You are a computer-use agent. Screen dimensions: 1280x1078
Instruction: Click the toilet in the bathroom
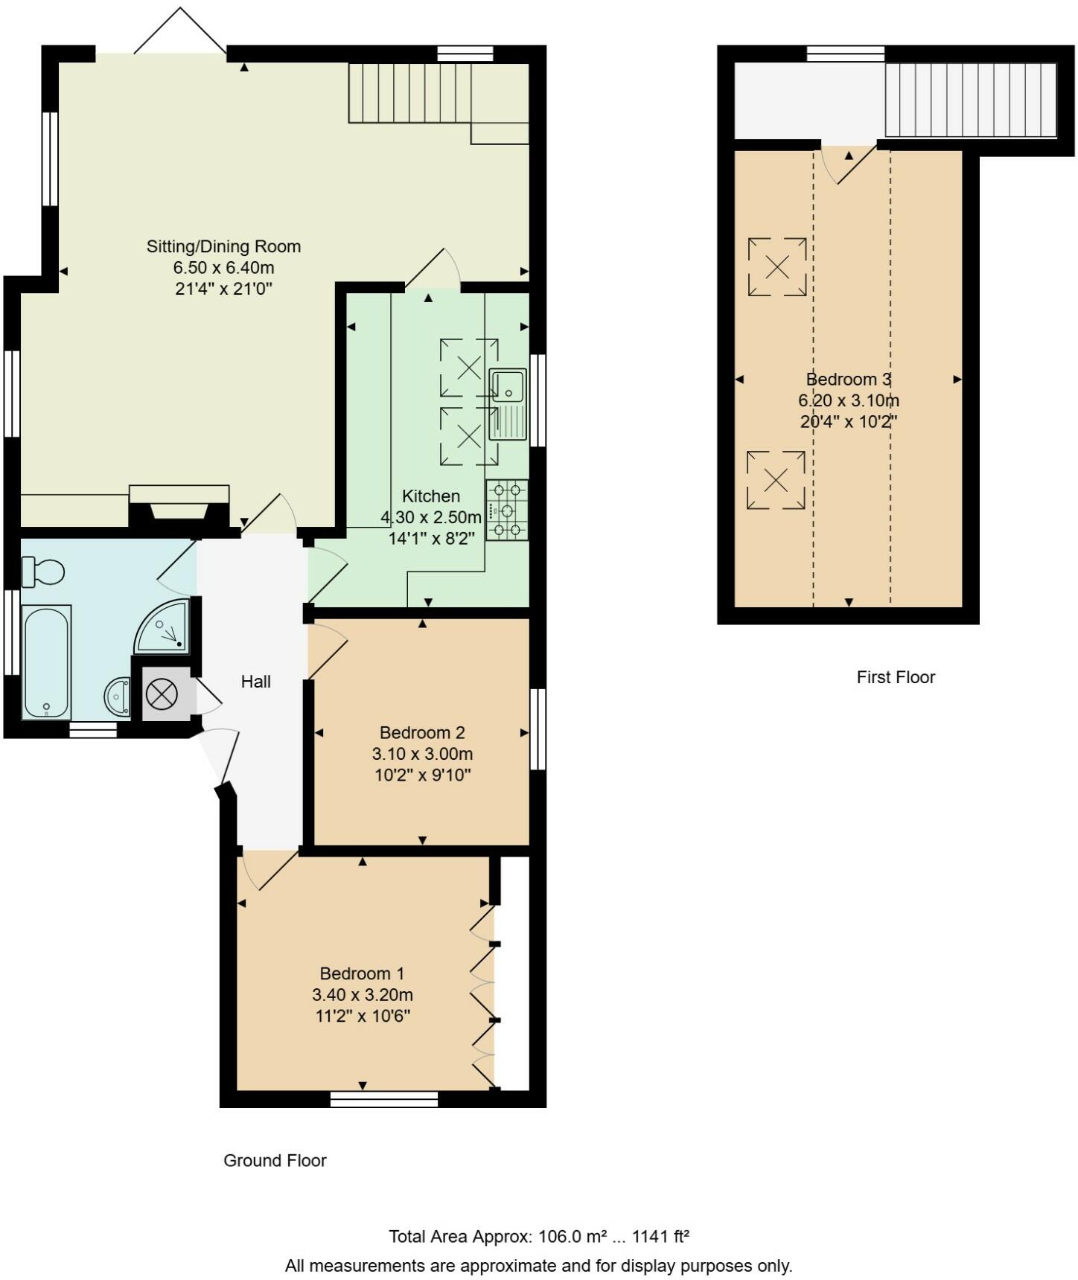pos(43,572)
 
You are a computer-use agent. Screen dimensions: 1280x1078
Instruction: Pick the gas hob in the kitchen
pos(507,510)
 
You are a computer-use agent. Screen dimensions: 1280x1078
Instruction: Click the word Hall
pos(255,682)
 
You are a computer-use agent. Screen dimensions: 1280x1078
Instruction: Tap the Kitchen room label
pos(431,496)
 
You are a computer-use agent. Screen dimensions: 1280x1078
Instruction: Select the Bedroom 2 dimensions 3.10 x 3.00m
pos(422,754)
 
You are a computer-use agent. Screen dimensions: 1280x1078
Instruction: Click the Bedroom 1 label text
pos(362,973)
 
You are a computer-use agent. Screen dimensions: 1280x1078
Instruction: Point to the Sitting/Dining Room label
pos(223,246)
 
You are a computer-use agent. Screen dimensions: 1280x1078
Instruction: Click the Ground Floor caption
pos(275,1160)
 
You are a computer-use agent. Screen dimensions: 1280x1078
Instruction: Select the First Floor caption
pos(896,677)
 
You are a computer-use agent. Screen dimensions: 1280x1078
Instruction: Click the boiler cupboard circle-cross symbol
pos(162,695)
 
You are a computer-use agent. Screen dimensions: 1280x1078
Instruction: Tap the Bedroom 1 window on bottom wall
pos(384,1099)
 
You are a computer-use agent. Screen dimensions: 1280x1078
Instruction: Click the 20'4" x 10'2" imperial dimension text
pos(848,421)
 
